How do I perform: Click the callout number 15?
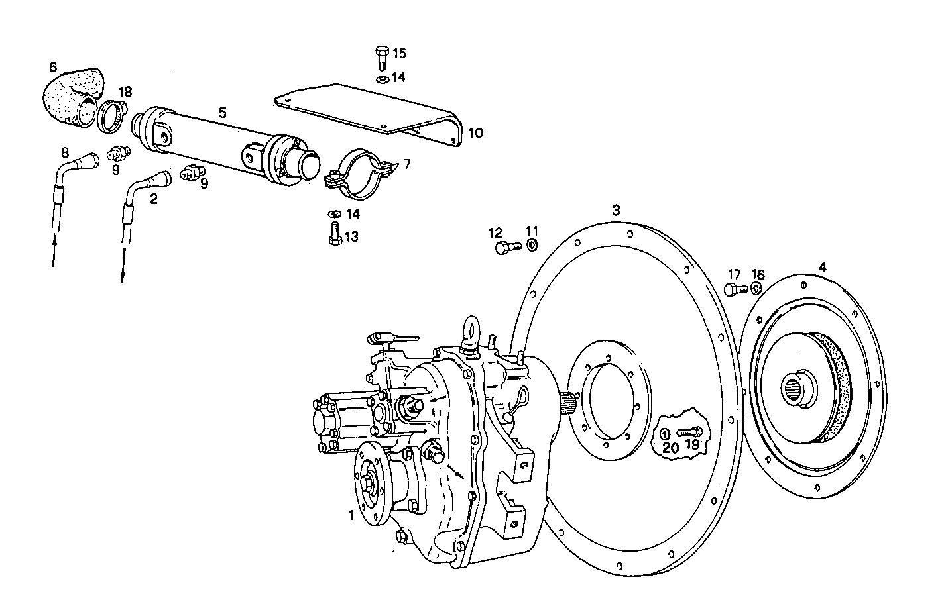pos(399,53)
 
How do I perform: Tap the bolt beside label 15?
pos(381,58)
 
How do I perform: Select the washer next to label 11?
pos(532,246)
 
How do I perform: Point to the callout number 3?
pos(616,211)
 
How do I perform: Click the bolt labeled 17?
pos(732,289)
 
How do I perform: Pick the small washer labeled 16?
pos(756,289)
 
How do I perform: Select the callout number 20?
pos(670,447)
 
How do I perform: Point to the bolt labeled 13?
pos(334,234)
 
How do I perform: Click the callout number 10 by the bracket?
pos(475,133)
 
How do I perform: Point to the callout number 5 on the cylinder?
pos(222,113)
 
